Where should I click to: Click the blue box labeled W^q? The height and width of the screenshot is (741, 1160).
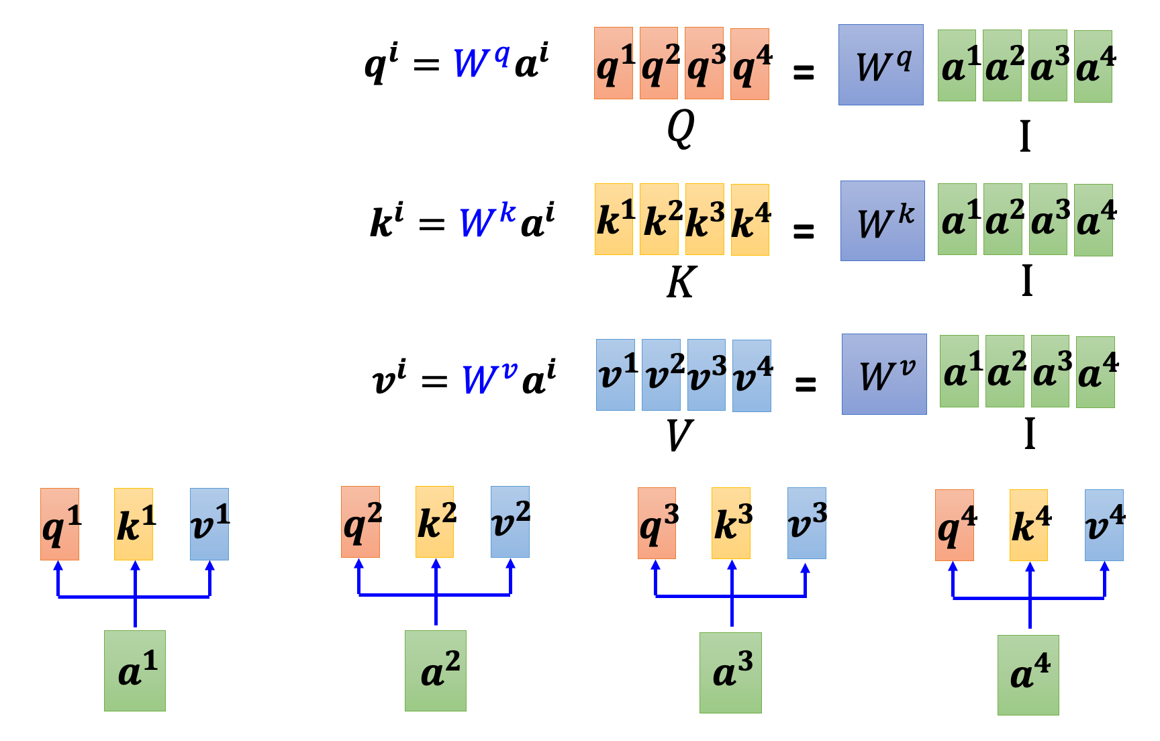[881, 65]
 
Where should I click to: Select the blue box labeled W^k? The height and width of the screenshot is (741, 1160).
[882, 221]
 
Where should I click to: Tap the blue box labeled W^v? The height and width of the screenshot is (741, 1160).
[884, 375]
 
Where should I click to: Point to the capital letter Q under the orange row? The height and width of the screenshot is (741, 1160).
[680, 128]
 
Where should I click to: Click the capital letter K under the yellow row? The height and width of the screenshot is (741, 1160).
[681, 283]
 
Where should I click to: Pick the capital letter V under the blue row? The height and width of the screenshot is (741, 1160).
[679, 436]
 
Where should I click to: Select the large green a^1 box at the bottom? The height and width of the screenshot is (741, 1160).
[135, 671]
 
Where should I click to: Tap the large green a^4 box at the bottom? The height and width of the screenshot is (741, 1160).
[1028, 675]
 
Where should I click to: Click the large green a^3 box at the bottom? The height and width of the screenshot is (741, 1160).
[730, 673]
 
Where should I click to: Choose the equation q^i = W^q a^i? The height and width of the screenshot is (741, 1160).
[456, 64]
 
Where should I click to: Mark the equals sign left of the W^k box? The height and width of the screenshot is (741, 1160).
[804, 231]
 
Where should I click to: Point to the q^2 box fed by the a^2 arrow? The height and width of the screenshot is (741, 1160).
[360, 522]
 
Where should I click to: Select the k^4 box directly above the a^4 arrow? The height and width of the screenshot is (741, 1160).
[1028, 526]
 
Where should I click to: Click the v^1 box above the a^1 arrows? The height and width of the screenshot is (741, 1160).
[209, 524]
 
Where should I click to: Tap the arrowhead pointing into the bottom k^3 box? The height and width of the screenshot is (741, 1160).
[732, 566]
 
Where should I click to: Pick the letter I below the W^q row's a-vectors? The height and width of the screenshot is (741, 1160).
[1024, 137]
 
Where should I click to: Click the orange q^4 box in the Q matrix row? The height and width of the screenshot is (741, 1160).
[750, 64]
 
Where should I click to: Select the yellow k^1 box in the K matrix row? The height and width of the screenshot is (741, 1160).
[614, 219]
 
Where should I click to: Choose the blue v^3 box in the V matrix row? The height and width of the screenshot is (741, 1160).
[706, 375]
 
